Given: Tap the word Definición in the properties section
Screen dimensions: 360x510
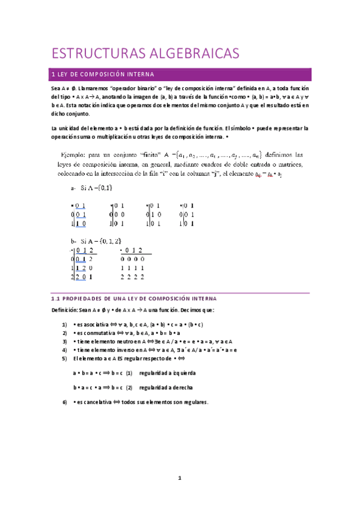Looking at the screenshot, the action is (65, 310).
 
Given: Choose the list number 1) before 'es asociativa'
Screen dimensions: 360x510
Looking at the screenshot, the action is (64, 325).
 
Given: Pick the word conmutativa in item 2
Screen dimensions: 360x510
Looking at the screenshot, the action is (93, 333).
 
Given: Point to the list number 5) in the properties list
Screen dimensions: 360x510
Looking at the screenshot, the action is (64, 358).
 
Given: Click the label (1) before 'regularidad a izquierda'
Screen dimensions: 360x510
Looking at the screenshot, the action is (129, 373).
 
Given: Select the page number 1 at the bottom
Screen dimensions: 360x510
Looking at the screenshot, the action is (179, 478).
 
